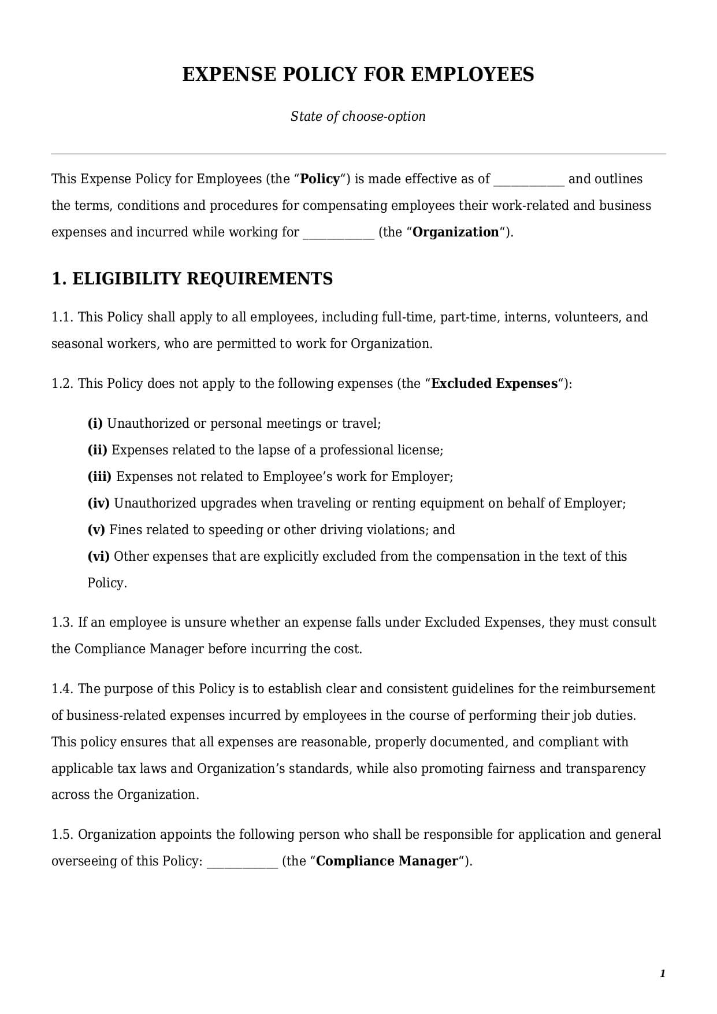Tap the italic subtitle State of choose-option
(x=358, y=116)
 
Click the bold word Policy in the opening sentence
(x=320, y=179)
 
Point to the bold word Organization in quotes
(x=456, y=232)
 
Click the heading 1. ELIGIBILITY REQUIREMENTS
(x=192, y=279)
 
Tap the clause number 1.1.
(x=62, y=317)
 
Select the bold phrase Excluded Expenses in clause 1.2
(x=495, y=383)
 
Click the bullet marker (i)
(x=95, y=423)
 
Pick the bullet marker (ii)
(x=97, y=450)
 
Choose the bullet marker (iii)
(x=99, y=476)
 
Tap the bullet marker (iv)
(x=98, y=503)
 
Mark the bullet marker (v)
(x=96, y=530)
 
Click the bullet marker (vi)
(x=98, y=556)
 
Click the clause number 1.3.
(x=62, y=622)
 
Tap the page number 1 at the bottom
(x=662, y=974)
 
